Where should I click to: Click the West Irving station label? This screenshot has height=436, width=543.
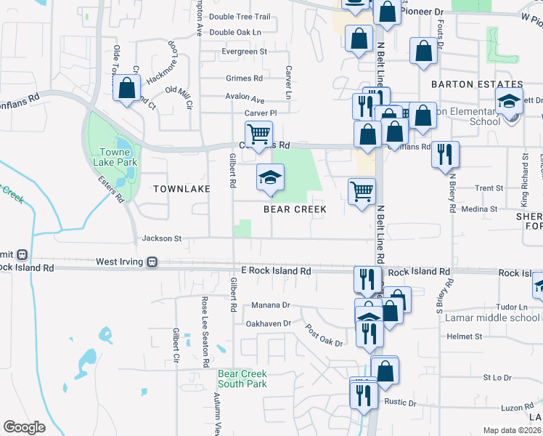pyautogui.click(x=120, y=261)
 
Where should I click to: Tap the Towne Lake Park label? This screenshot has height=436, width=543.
pyautogui.click(x=113, y=158)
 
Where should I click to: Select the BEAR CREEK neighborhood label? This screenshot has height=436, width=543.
pyautogui.click(x=295, y=209)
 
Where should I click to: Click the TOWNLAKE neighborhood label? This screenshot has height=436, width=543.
pyautogui.click(x=181, y=189)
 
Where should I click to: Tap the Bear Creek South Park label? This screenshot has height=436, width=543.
pyautogui.click(x=242, y=379)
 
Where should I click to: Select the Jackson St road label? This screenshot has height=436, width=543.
pyautogui.click(x=161, y=238)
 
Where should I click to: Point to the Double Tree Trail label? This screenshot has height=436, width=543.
pyautogui.click(x=240, y=17)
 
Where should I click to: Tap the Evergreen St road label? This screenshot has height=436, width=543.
pyautogui.click(x=245, y=52)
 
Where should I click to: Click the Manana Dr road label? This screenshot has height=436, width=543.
pyautogui.click(x=270, y=305)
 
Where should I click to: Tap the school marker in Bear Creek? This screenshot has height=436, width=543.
pyautogui.click(x=270, y=178)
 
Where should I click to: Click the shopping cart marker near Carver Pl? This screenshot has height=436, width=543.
pyautogui.click(x=258, y=134)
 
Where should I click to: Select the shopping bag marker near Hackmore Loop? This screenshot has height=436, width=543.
pyautogui.click(x=128, y=89)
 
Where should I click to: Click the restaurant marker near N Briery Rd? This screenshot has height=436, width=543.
pyautogui.click(x=445, y=154)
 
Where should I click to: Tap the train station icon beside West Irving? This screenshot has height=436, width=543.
pyautogui.click(x=152, y=262)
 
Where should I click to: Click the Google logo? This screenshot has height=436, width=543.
pyautogui.click(x=25, y=427)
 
